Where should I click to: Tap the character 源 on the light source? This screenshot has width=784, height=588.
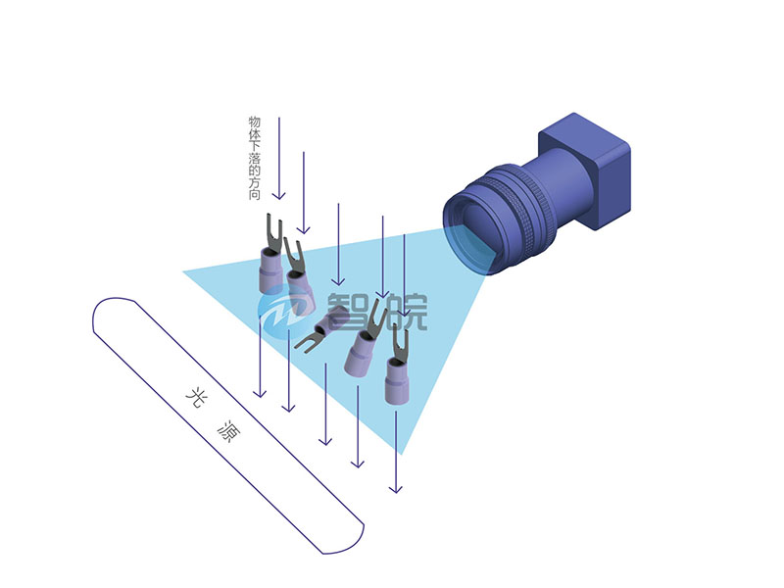(x=228, y=430)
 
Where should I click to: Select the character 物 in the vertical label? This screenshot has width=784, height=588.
(x=255, y=122)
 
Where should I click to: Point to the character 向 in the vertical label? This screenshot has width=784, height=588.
(x=255, y=194)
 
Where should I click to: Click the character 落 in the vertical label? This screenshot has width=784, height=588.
(x=255, y=158)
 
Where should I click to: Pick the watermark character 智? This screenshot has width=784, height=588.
(x=348, y=312)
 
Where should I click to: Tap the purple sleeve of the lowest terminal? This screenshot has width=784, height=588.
(x=398, y=381)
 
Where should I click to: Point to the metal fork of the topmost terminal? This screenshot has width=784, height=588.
(x=273, y=232)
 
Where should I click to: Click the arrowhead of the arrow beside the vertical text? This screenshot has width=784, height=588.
(x=279, y=195)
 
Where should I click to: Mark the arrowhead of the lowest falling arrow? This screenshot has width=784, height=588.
(x=396, y=487)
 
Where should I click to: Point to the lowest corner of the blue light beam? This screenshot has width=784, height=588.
(x=402, y=454)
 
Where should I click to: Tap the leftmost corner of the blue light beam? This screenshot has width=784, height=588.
(x=183, y=272)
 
